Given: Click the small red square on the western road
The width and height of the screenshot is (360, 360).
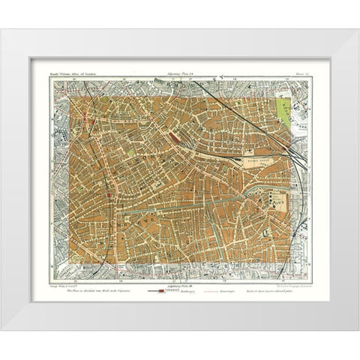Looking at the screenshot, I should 109,195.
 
